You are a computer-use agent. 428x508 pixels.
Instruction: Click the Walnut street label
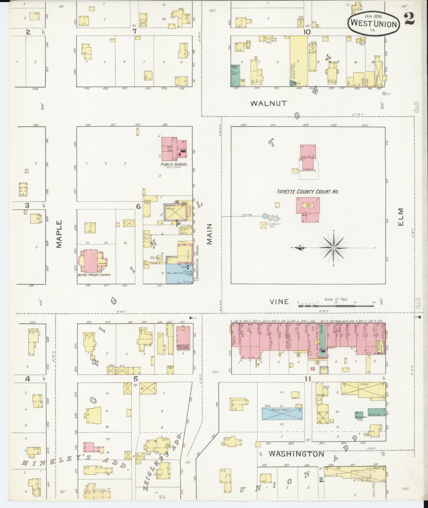pos(269,104)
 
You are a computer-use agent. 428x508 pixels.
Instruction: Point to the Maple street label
pos(59,234)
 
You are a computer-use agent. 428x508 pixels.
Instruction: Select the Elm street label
pos(400,217)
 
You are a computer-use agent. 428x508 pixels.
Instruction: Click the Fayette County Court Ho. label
pos(308,192)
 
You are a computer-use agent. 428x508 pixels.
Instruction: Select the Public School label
pos(174,164)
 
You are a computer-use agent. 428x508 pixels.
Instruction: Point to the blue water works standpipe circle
pos(265,216)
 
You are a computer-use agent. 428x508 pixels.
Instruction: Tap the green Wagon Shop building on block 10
pos(235,75)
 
